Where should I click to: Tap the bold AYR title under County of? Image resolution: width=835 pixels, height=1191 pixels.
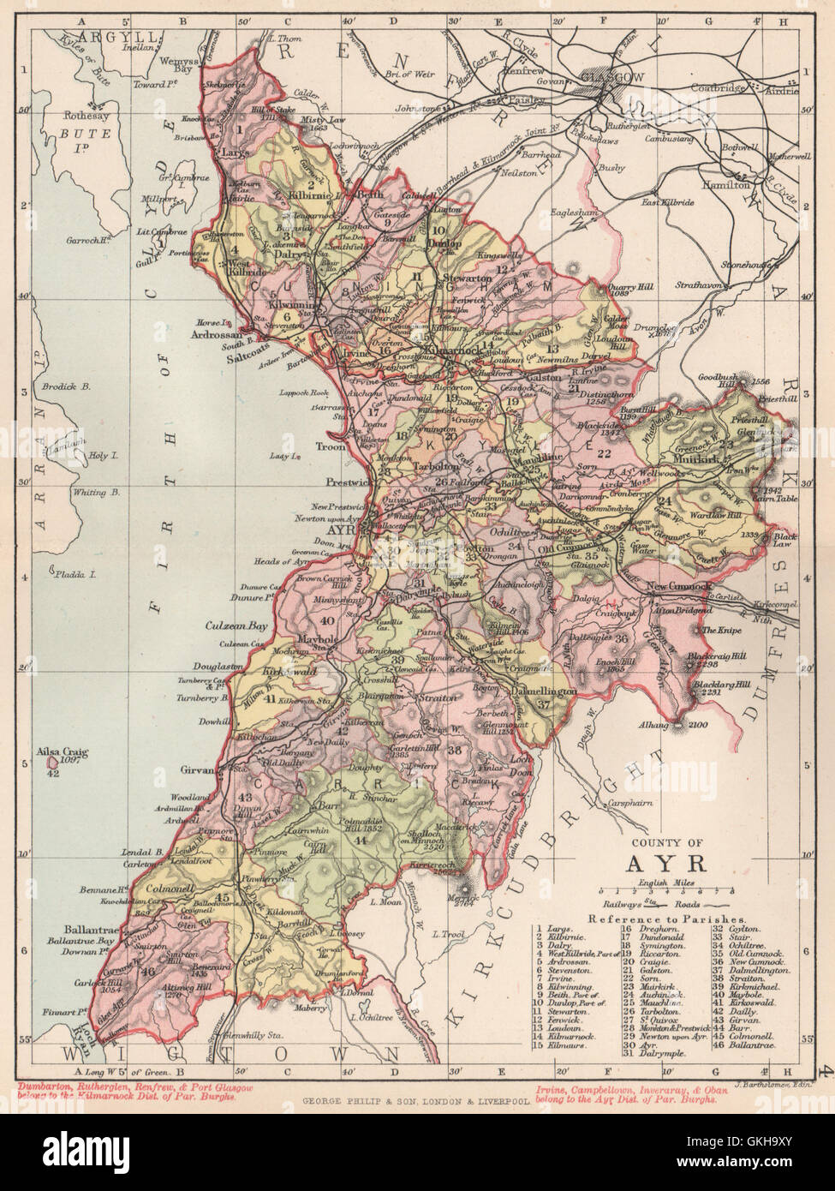coord(669,862)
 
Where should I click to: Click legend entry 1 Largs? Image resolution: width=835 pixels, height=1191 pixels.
coord(553,929)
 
